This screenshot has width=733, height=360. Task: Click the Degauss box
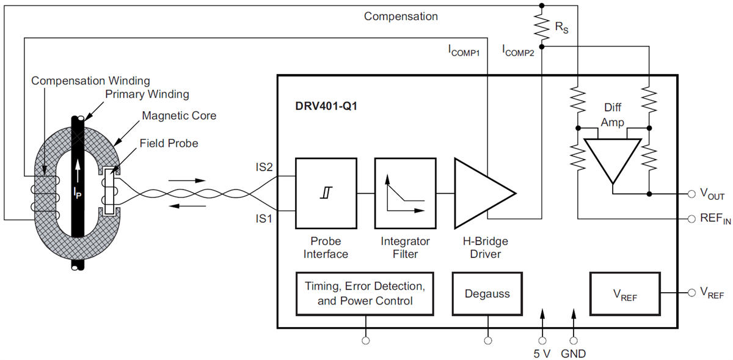pyautogui.click(x=487, y=293)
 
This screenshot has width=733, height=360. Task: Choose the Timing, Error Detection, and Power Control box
pyautogui.click(x=365, y=293)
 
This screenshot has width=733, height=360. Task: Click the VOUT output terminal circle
pyautogui.click(x=691, y=194)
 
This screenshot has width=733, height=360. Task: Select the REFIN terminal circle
pyautogui.click(x=691, y=218)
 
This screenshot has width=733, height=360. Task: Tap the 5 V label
pyautogui.click(x=541, y=353)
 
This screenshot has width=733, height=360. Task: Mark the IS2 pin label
pyautogui.click(x=265, y=166)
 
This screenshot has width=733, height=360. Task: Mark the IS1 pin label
pyautogui.click(x=265, y=217)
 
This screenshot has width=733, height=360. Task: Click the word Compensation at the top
pyautogui.click(x=401, y=16)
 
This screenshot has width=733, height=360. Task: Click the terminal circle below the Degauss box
pyautogui.click(x=487, y=341)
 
